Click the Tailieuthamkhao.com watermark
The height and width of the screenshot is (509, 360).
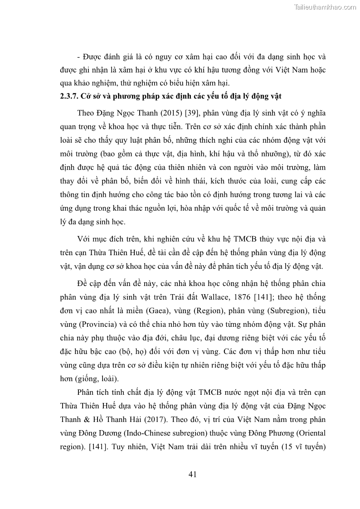click(x=325, y=7)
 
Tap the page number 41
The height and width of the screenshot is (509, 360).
click(x=192, y=474)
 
